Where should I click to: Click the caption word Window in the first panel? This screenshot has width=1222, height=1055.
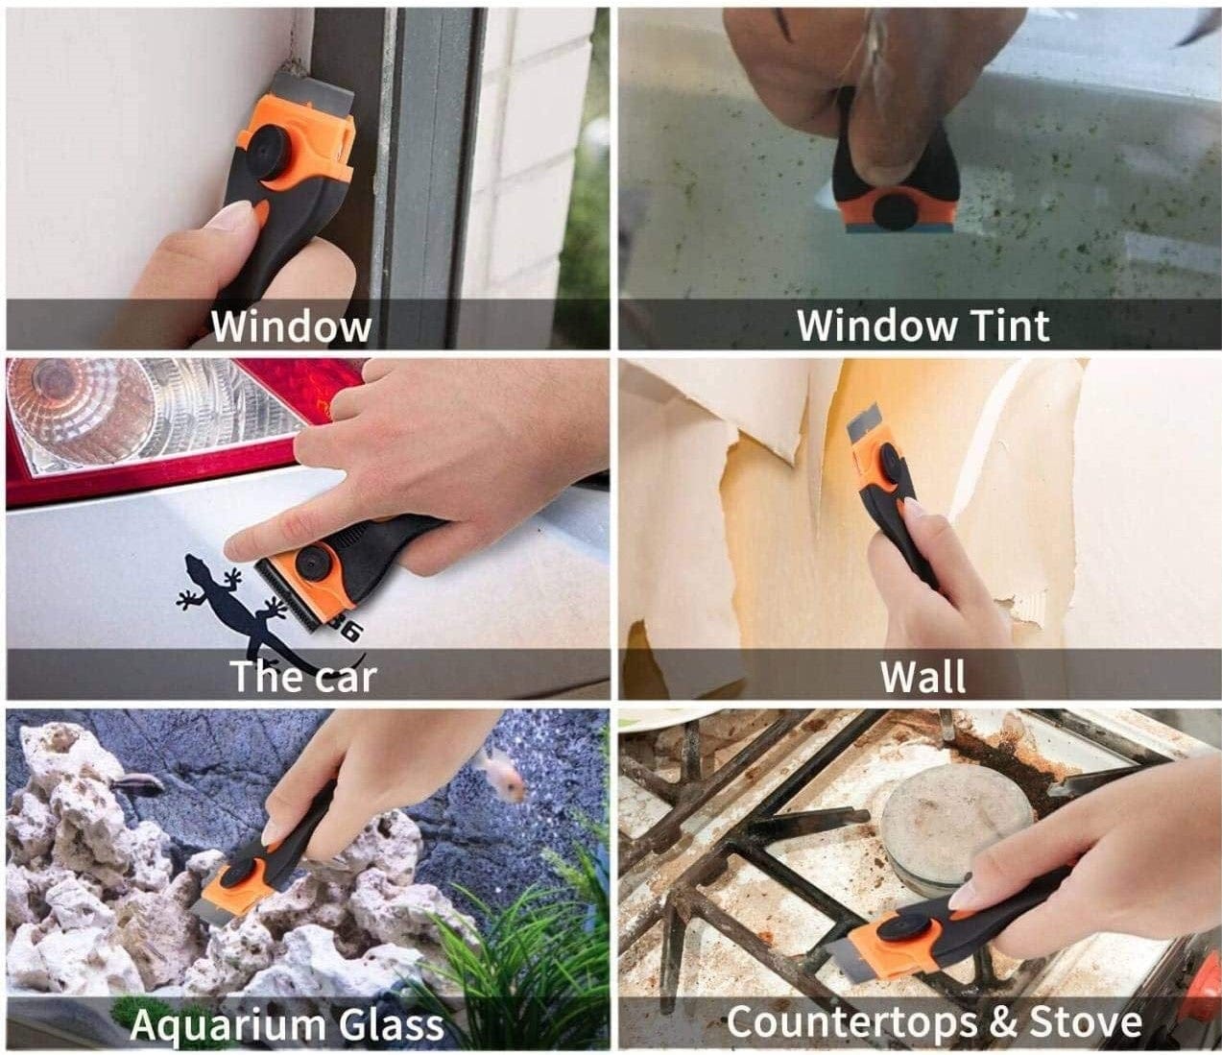[290, 325]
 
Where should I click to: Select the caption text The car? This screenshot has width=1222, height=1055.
[303, 676]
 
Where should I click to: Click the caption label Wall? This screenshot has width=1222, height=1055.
[922, 676]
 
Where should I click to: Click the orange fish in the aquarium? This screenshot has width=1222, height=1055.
[500, 773]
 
